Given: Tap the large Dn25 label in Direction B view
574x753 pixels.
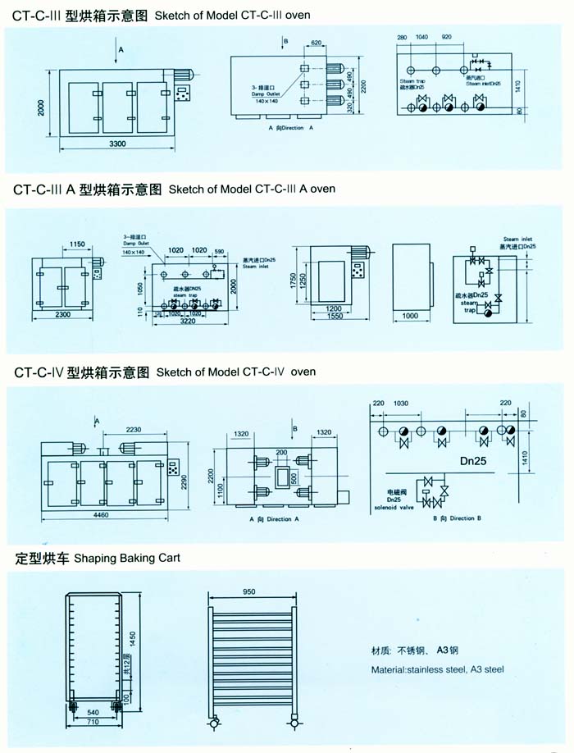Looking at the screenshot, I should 472,462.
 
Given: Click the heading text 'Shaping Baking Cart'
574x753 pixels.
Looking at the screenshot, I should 127,559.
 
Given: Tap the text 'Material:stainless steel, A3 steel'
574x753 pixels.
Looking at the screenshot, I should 436,669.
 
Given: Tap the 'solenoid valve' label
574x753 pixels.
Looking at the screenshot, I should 398,508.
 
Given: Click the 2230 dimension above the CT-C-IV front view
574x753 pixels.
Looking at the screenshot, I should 139,430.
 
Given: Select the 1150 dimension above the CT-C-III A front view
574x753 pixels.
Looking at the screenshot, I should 77,244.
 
